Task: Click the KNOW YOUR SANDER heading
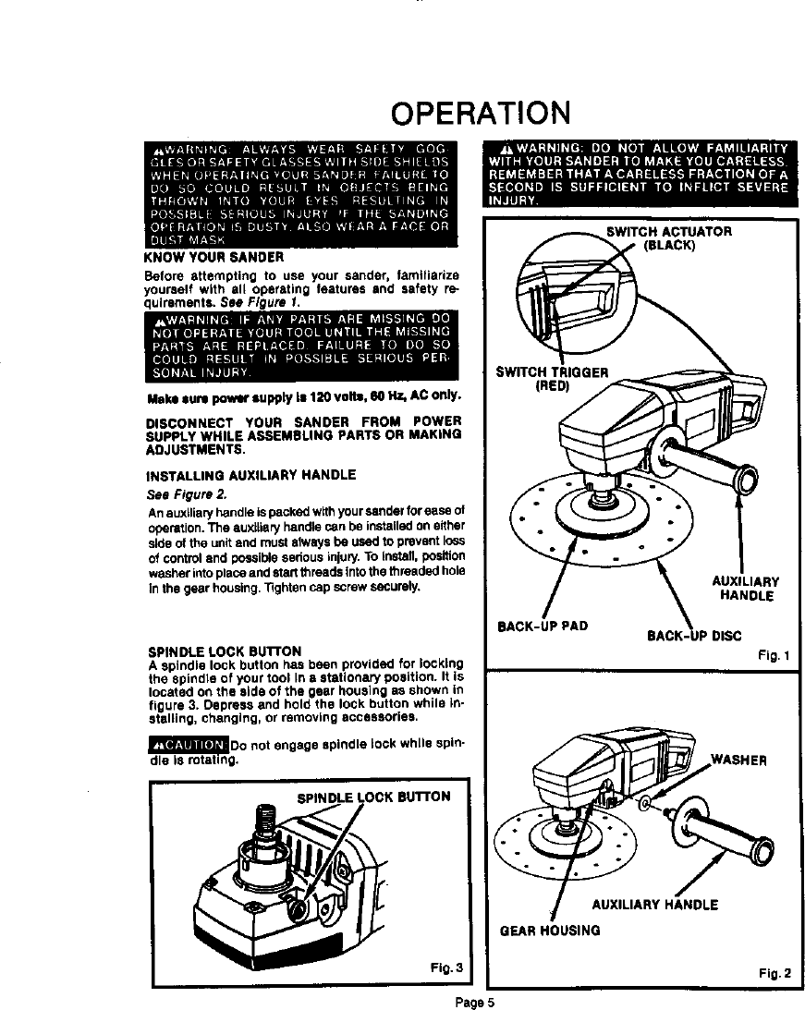[201, 256]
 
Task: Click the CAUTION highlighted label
[188, 747]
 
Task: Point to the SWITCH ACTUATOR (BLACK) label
[669, 239]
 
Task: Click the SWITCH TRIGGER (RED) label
[552, 380]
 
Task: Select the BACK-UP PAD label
[543, 626]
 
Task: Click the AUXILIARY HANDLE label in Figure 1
[745, 589]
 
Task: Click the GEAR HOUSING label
[549, 930]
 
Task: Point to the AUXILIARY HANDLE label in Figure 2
[654, 904]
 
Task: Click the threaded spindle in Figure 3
[264, 821]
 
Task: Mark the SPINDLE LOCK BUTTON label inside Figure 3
[372, 797]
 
